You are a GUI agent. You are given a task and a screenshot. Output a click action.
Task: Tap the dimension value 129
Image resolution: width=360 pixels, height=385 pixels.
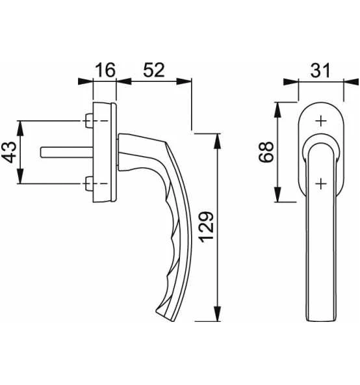pyautogui.click(x=205, y=227)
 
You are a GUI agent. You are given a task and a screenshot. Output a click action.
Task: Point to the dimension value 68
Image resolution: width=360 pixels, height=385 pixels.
pyautogui.click(x=266, y=152)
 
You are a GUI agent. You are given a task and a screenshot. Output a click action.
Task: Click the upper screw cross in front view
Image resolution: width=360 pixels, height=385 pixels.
pyautogui.click(x=320, y=120)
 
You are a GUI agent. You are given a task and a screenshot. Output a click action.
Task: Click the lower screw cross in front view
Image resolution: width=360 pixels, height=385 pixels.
pyautogui.click(x=320, y=184)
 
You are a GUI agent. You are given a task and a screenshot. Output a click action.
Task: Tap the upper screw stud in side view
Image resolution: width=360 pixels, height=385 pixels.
pyautogui.click(x=88, y=121)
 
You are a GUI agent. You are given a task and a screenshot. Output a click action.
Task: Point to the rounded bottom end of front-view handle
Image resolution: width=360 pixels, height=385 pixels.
pyautogui.click(x=320, y=317)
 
